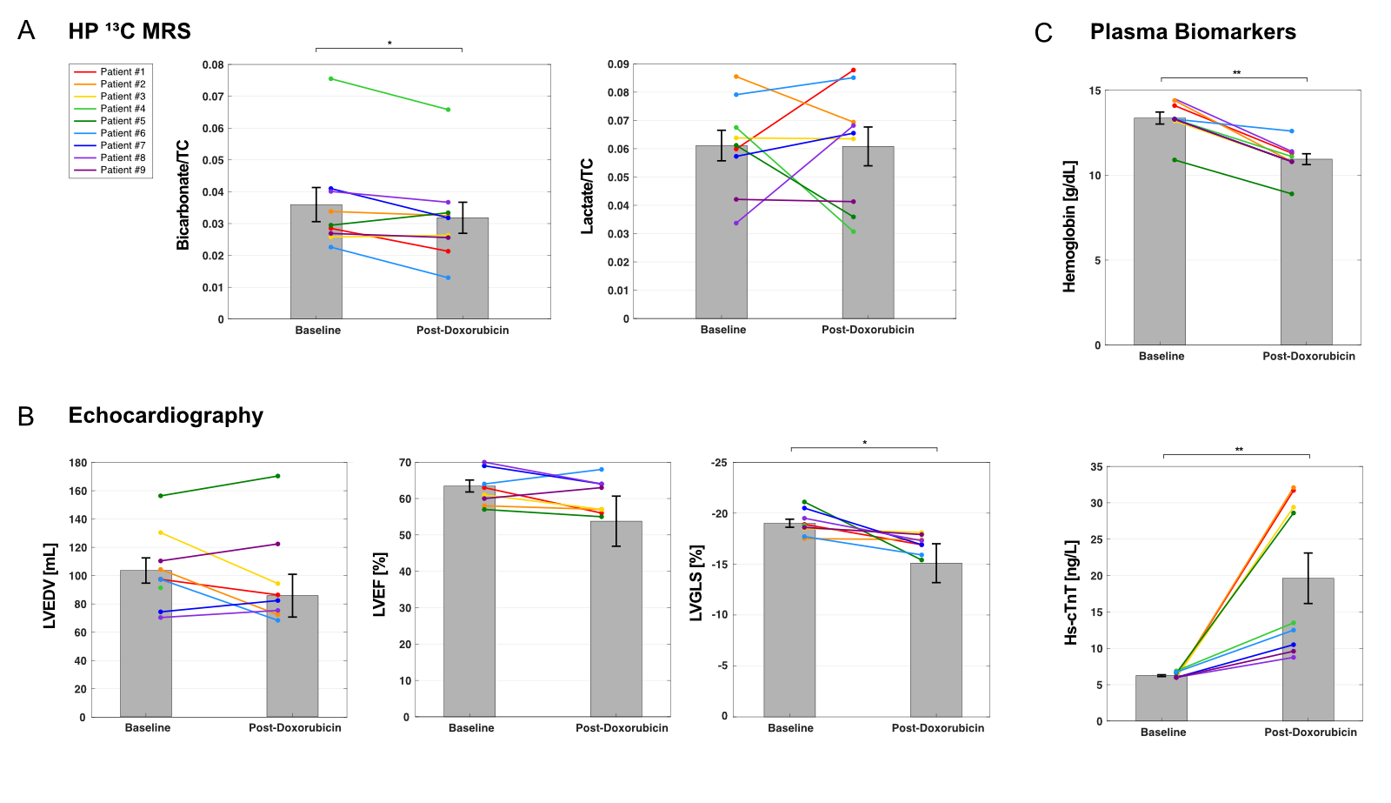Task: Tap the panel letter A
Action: tap(26, 31)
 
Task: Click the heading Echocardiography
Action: tap(165, 416)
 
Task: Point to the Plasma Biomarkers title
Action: tap(1193, 32)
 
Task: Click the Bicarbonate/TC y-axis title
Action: tap(183, 195)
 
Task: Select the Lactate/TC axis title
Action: tap(588, 196)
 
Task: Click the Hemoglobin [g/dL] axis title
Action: tap(1069, 226)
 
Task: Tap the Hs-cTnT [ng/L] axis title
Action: tap(1071, 592)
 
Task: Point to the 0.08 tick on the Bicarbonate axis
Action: tap(213, 65)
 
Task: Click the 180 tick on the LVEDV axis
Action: tap(77, 463)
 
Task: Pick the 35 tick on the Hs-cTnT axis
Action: tap(1096, 467)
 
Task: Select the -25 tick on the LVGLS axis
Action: tap(719, 463)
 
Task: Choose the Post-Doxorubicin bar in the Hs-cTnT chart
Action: tap(1308, 652)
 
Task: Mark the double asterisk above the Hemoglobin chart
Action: tap(1236, 73)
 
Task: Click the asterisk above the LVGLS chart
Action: tap(864, 444)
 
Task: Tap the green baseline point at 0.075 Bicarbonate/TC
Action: tap(330, 79)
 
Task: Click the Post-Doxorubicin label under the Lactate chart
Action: tap(868, 330)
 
